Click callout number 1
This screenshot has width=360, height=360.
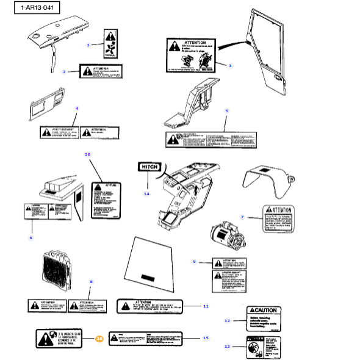pyautogui.click(x=88, y=45)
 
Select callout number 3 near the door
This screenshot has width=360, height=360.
pyautogui.click(x=230, y=65)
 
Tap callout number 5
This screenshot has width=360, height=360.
pyautogui.click(x=226, y=111)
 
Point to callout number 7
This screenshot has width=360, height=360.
pyautogui.click(x=242, y=217)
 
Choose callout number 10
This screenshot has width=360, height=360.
pyautogui.click(x=87, y=155)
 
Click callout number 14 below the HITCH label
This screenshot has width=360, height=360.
pyautogui.click(x=146, y=193)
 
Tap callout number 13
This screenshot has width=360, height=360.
pyautogui.click(x=227, y=346)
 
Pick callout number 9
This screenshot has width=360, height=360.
pyautogui.click(x=195, y=261)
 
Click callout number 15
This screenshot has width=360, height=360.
pyautogui.click(x=206, y=337)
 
